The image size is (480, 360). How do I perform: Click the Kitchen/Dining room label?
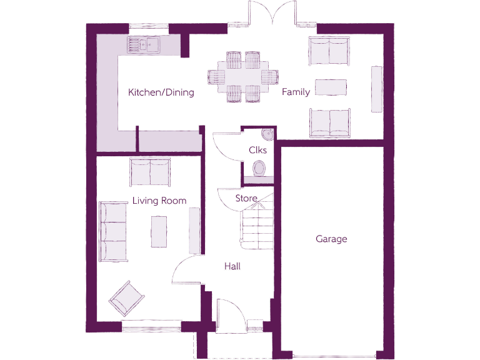161,92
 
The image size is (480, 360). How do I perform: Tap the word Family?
296,92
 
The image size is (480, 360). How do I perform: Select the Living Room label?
159,201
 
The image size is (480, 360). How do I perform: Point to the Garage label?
331,239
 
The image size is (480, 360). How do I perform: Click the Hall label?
232,266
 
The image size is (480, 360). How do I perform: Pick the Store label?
246,198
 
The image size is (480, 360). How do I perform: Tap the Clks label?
257,151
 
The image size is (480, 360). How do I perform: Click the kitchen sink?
143,44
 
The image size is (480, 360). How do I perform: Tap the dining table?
242,76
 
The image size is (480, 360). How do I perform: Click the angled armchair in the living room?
127,298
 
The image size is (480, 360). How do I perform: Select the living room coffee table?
159,231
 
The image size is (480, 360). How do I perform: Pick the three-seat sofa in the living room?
113,231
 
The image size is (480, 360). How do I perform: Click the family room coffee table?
331,87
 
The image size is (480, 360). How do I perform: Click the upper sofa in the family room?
329,51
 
